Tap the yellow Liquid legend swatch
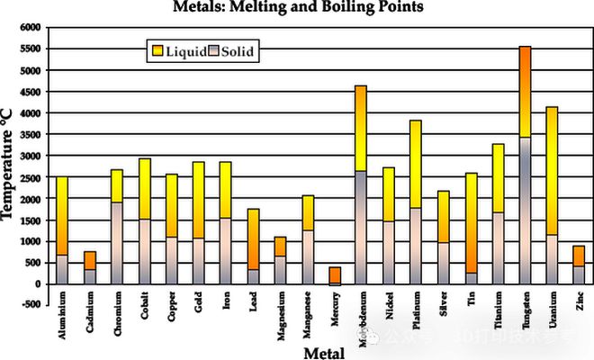pos(157,51)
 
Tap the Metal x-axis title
pos(322,352)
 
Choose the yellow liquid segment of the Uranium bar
pos(552,171)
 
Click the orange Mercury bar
pos(334,274)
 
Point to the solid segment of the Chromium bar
pos(116,243)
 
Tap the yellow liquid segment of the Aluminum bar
pos(62,216)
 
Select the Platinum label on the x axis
pos(417,315)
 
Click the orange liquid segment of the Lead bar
pos(253,238)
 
